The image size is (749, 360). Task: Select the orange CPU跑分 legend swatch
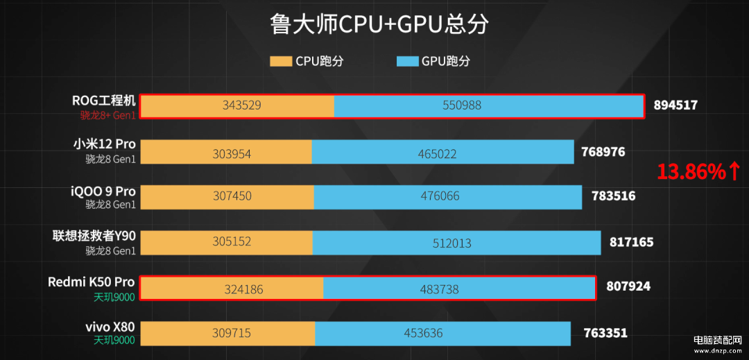pyautogui.click(x=281, y=61)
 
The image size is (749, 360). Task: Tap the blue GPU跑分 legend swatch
pyautogui.click(x=407, y=61)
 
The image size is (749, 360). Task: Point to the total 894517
pyautogui.click(x=675, y=105)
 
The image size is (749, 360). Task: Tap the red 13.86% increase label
pyautogui.click(x=698, y=171)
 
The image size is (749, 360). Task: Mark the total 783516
pyautogui.click(x=613, y=196)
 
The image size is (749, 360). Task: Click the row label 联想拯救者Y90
pyautogui.click(x=94, y=236)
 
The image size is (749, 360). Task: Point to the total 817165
pyautogui.click(x=630, y=242)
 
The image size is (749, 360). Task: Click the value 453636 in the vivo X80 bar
pyautogui.click(x=423, y=334)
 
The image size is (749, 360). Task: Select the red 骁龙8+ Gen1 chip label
pyautogui.click(x=108, y=115)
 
